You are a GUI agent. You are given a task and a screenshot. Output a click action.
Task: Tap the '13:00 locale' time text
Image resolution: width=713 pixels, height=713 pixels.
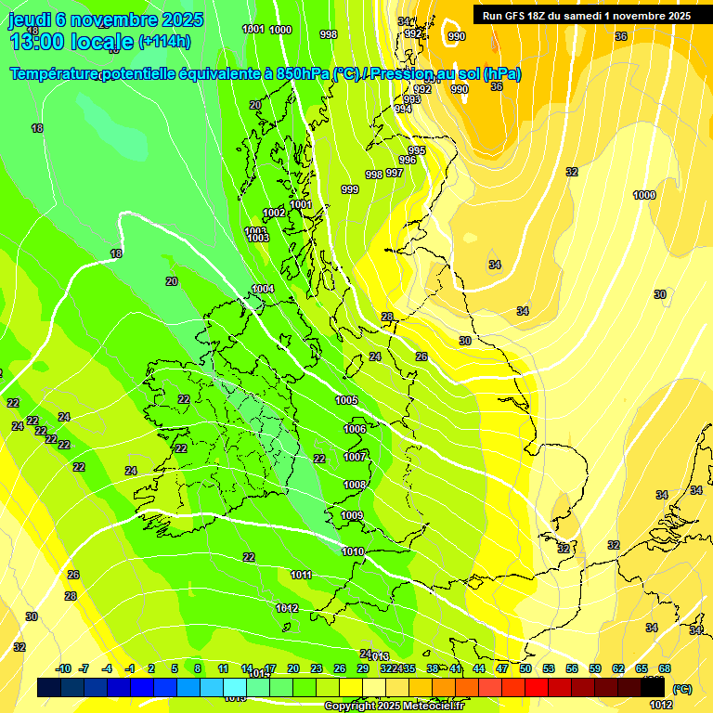[71, 41]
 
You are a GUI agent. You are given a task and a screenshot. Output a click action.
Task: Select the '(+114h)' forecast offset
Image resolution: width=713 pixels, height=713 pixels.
[164, 41]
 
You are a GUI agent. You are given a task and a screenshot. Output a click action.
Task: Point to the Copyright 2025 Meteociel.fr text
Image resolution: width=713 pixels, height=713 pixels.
[395, 707]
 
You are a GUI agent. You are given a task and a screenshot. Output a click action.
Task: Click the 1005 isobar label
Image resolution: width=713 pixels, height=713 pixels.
[347, 400]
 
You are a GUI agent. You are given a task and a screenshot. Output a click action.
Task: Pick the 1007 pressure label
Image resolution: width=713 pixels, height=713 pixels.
[355, 457]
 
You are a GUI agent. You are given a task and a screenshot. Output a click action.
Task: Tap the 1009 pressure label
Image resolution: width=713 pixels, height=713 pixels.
[352, 515]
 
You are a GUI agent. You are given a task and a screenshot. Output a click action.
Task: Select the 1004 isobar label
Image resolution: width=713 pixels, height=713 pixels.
[264, 289]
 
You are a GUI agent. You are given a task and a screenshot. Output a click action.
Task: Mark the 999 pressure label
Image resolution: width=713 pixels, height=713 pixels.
[350, 189]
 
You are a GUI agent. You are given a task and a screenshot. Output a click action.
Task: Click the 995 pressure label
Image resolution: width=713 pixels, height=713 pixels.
[417, 150]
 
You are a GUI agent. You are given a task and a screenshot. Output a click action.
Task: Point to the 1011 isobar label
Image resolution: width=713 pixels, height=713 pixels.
[301, 575]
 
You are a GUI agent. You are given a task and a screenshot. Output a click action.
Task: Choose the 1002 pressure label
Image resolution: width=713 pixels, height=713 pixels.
[274, 213]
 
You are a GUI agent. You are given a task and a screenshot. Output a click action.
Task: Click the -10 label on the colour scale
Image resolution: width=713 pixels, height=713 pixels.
[64, 668]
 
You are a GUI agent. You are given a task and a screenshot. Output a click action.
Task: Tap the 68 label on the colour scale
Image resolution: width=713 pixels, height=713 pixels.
[665, 668]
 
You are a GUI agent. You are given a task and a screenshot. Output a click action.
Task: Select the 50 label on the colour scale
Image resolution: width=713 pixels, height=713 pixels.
[525, 668]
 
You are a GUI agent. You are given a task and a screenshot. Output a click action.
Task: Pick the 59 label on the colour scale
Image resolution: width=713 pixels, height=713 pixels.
[595, 668]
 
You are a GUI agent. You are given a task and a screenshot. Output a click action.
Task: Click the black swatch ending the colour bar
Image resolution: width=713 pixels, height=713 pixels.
[653, 688]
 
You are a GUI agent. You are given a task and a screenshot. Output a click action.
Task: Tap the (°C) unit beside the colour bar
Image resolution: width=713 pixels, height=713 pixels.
[681, 689]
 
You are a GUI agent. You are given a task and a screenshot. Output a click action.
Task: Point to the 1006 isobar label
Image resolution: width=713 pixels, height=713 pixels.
[355, 429]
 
